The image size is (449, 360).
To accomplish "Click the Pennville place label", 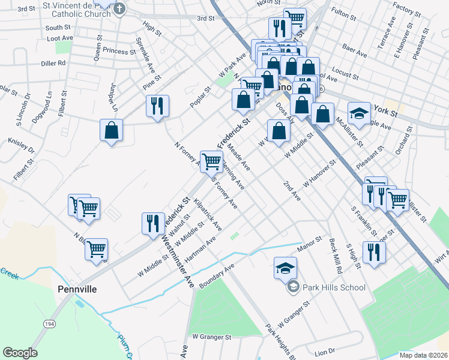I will tap(77, 289).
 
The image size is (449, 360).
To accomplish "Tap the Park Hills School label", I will tap(334, 287).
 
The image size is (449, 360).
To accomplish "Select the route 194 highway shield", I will tap(47, 323).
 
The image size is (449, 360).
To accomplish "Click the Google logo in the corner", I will tap(20, 353).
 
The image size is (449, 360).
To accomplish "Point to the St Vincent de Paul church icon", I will tap(119, 8).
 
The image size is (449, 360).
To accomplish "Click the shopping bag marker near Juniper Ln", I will tap(112, 130).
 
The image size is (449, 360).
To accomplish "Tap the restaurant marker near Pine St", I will tap(157, 106).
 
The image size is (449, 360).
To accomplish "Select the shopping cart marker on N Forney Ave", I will tap(211, 161).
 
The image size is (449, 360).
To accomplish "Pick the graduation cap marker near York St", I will tap(358, 113).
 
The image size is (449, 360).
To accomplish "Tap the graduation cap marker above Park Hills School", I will tap(285, 267).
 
